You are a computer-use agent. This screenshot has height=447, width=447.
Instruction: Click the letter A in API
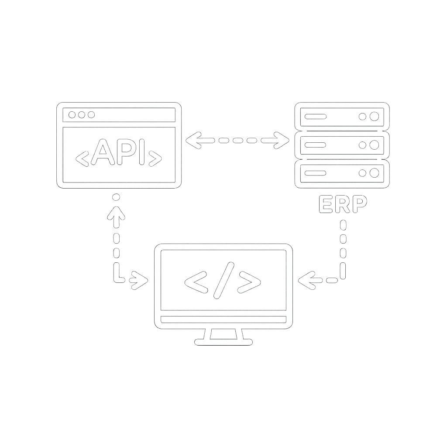103,152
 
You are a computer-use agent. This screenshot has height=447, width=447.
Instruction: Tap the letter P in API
126,152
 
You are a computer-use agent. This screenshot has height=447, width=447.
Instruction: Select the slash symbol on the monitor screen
224,281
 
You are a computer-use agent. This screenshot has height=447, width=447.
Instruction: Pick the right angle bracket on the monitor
249,282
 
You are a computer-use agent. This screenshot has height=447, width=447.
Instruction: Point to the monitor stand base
223,342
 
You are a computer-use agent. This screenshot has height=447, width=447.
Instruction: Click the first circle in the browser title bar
72,115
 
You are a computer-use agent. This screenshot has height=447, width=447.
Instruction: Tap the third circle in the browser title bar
91,115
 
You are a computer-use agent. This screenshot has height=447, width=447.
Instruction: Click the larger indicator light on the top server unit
374,116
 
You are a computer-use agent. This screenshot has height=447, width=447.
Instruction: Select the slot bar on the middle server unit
315,145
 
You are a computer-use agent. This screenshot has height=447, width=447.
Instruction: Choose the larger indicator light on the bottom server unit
374,173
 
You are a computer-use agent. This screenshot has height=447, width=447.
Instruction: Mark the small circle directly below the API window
116,197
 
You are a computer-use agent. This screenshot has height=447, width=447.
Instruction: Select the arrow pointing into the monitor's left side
139,281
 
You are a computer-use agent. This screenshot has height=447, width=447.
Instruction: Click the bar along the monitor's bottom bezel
223,319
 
